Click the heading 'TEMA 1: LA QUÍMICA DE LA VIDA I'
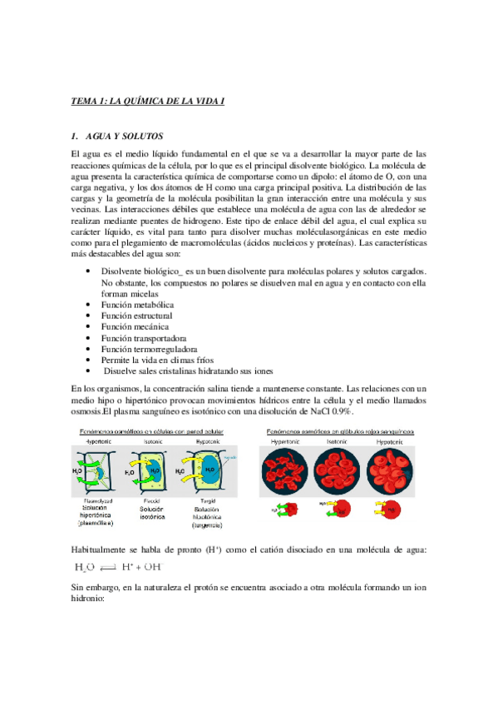pos(148,101)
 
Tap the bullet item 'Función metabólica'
pos(137,305)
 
